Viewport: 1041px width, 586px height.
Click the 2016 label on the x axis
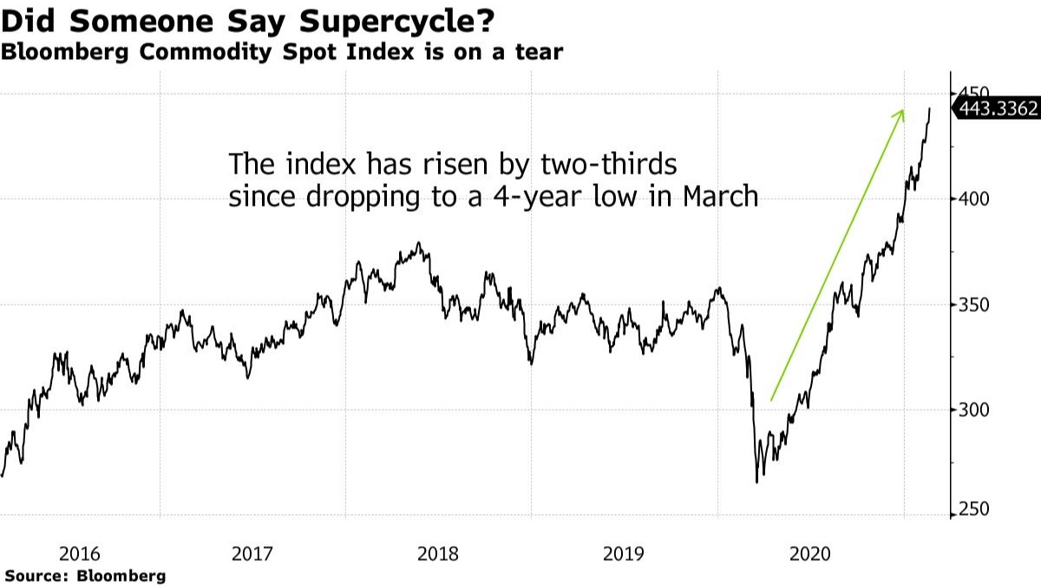[x=81, y=553]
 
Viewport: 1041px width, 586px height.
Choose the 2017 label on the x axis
[x=253, y=553]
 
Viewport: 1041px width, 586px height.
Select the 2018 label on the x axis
[x=439, y=553]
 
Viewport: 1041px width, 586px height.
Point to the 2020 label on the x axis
[x=810, y=553]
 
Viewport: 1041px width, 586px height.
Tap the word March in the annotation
[x=720, y=197]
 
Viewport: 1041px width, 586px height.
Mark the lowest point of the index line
[x=757, y=482]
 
